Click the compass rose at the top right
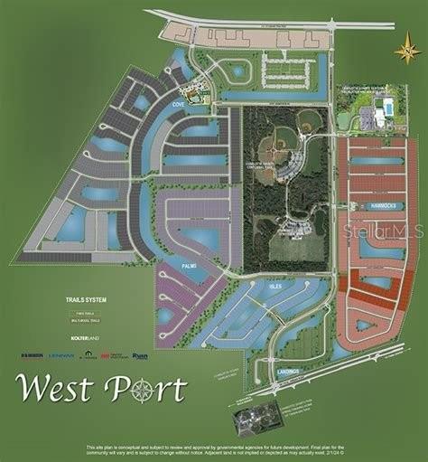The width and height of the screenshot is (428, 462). (x=407, y=49)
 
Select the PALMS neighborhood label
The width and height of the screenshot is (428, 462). (x=189, y=266)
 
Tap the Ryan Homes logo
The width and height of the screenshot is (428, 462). (x=140, y=355)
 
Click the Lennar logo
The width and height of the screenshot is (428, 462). (x=61, y=355)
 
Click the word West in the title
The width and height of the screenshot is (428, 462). (x=53, y=390)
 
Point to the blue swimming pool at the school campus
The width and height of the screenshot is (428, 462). (x=386, y=108)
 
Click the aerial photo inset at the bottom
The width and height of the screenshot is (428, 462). (x=258, y=419)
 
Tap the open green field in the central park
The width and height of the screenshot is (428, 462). (x=288, y=245)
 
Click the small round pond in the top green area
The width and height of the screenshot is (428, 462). (x=238, y=70)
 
